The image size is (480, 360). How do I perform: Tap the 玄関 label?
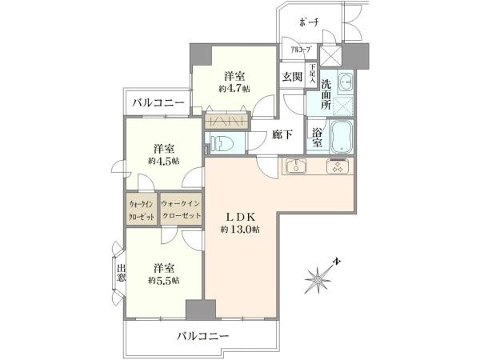292,76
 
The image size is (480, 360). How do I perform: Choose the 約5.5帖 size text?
162,280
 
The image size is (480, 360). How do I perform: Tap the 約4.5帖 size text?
163,161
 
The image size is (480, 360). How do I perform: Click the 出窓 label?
121,274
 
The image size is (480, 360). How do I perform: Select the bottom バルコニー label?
202,336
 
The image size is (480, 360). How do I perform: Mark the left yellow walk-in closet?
141,210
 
